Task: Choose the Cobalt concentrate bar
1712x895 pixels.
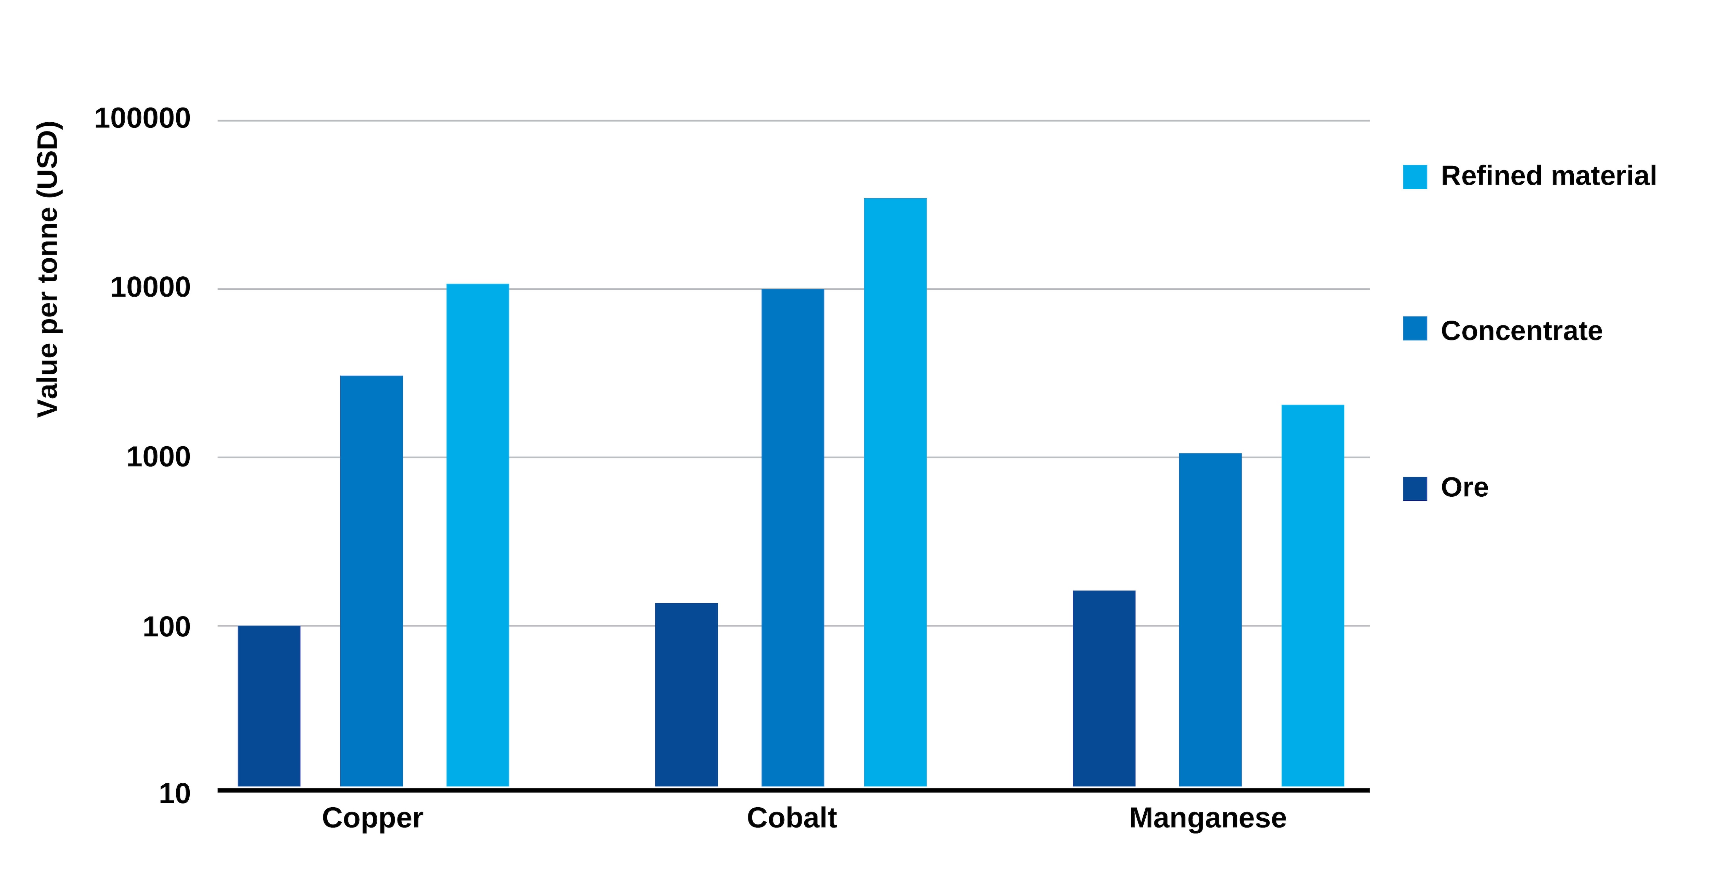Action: (x=793, y=537)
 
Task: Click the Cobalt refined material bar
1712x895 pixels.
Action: (x=895, y=492)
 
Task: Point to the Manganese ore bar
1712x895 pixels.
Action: (x=1104, y=688)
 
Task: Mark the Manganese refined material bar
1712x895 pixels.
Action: (x=1312, y=595)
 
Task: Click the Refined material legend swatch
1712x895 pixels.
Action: (x=1415, y=177)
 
